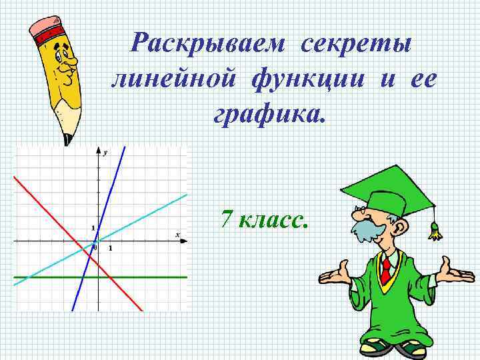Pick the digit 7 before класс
pyautogui.click(x=227, y=218)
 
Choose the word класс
pyautogui.click(x=273, y=219)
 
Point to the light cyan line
pyautogui.click(x=153, y=210)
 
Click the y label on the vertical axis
pyautogui.click(x=105, y=153)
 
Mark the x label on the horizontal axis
pyautogui.click(x=177, y=234)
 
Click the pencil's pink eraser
pyautogui.click(x=45, y=28)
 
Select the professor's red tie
pyautogui.click(x=386, y=269)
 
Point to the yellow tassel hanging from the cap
pyautogui.click(x=435, y=230)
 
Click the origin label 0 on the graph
pyautogui.click(x=95, y=248)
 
